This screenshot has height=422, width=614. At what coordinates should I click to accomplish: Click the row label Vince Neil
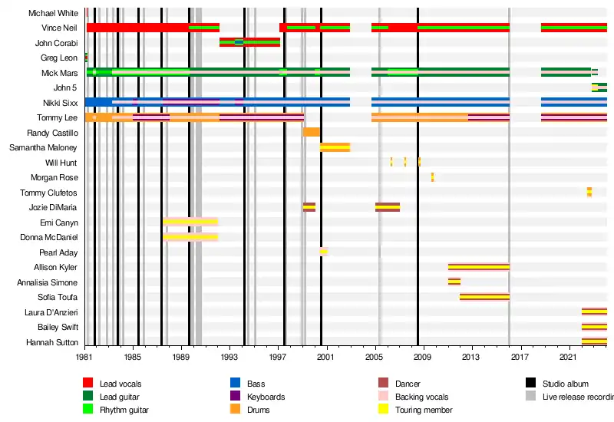(x=58, y=28)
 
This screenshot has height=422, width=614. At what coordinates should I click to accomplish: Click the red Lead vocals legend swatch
(x=87, y=383)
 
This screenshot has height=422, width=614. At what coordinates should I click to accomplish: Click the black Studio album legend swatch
(x=530, y=383)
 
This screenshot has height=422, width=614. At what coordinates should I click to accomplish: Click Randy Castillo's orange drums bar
(x=311, y=132)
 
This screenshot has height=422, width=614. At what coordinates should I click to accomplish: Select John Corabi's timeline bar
(x=249, y=42)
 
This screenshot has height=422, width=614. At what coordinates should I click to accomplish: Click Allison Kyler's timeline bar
(x=478, y=267)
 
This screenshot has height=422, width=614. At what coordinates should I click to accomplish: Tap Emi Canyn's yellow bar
(x=190, y=222)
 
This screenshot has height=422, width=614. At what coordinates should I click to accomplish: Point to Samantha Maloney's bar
(x=335, y=147)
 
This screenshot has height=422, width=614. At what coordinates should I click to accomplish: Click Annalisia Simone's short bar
(x=454, y=282)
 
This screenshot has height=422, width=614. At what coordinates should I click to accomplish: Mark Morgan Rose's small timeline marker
(x=433, y=177)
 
